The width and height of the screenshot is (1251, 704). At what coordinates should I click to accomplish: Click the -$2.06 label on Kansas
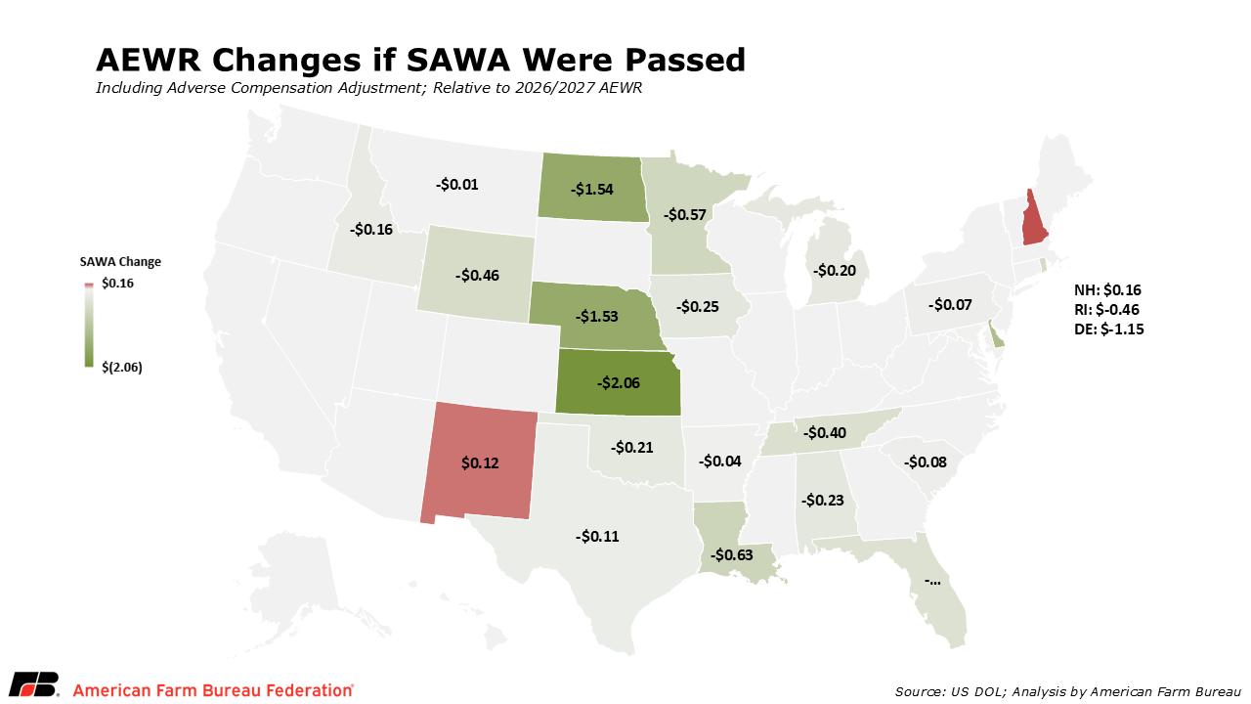click(x=619, y=382)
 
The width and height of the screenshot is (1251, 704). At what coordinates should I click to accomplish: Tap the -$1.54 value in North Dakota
click(x=592, y=190)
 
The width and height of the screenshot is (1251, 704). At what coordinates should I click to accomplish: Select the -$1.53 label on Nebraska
click(x=597, y=316)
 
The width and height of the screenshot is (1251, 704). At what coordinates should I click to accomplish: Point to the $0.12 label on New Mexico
click(x=480, y=462)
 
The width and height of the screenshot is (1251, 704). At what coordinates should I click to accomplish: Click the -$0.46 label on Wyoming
click(x=477, y=276)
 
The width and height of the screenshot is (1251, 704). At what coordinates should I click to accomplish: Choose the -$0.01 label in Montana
click(x=456, y=185)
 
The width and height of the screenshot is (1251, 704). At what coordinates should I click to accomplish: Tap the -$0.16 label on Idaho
click(x=370, y=229)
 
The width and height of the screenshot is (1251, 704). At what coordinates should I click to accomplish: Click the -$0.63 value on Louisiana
click(x=732, y=554)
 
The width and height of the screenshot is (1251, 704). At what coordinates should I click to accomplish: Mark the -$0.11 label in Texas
click(x=597, y=537)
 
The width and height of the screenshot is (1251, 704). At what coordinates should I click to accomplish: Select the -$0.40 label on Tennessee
click(x=825, y=432)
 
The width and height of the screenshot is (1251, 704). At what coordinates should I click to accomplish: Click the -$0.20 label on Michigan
click(x=835, y=271)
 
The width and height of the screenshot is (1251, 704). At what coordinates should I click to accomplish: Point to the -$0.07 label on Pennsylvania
click(x=950, y=304)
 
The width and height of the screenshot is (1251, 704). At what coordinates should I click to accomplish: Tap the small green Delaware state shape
click(x=994, y=334)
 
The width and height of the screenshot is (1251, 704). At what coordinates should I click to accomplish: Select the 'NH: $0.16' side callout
click(x=1107, y=290)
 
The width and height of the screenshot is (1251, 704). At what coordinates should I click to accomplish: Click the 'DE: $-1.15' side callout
click(x=1109, y=330)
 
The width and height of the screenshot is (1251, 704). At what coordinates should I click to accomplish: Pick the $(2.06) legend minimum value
click(x=122, y=367)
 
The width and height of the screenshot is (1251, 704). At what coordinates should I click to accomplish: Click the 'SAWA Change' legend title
click(x=120, y=261)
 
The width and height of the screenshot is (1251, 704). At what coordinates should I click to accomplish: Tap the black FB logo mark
click(x=34, y=683)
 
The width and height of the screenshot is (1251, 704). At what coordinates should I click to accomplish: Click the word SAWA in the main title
click(x=458, y=60)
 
